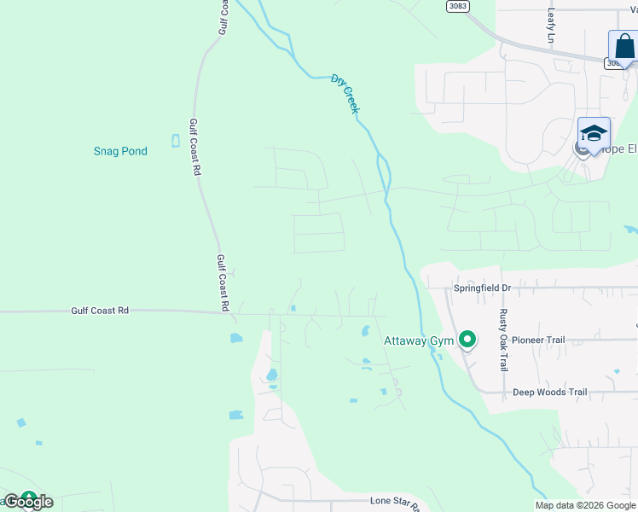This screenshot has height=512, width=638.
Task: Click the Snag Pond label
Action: [120, 151]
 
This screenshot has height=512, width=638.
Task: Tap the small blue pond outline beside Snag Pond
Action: [176, 141]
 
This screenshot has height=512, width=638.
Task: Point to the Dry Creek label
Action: [345, 93]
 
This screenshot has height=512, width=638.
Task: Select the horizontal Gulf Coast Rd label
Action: [99, 311]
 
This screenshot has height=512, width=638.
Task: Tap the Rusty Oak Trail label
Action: [503, 340]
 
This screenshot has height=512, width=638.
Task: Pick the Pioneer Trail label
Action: [538, 340]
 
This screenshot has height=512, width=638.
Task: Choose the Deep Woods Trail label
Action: [549, 393]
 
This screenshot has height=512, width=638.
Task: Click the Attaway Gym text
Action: [419, 340]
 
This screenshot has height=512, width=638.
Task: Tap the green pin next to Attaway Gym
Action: [467, 340]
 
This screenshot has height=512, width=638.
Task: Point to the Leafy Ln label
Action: [551, 26]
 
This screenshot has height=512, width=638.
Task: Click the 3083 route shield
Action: [457, 6]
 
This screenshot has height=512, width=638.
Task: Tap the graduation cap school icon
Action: [594, 133]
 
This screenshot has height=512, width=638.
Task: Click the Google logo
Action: [29, 502]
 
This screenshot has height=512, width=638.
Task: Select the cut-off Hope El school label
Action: [620, 149]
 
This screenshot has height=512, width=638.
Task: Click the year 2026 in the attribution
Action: [594, 505]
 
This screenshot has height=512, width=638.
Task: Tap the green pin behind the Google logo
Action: [29, 497]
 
